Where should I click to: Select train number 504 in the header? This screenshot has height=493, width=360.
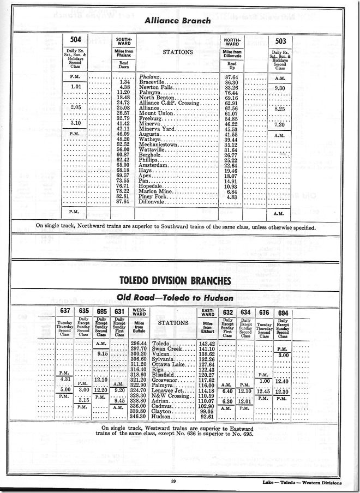coord(76,41)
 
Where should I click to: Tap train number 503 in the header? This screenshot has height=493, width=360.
coord(280,41)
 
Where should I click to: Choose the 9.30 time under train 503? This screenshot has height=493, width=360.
coord(280,88)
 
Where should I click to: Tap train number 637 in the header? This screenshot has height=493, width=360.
coord(63,312)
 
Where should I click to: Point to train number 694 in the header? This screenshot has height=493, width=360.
coord(282,312)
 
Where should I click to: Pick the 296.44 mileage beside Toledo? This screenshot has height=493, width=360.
coord(138,342)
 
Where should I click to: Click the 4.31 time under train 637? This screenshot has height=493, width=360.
coord(63,379)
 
